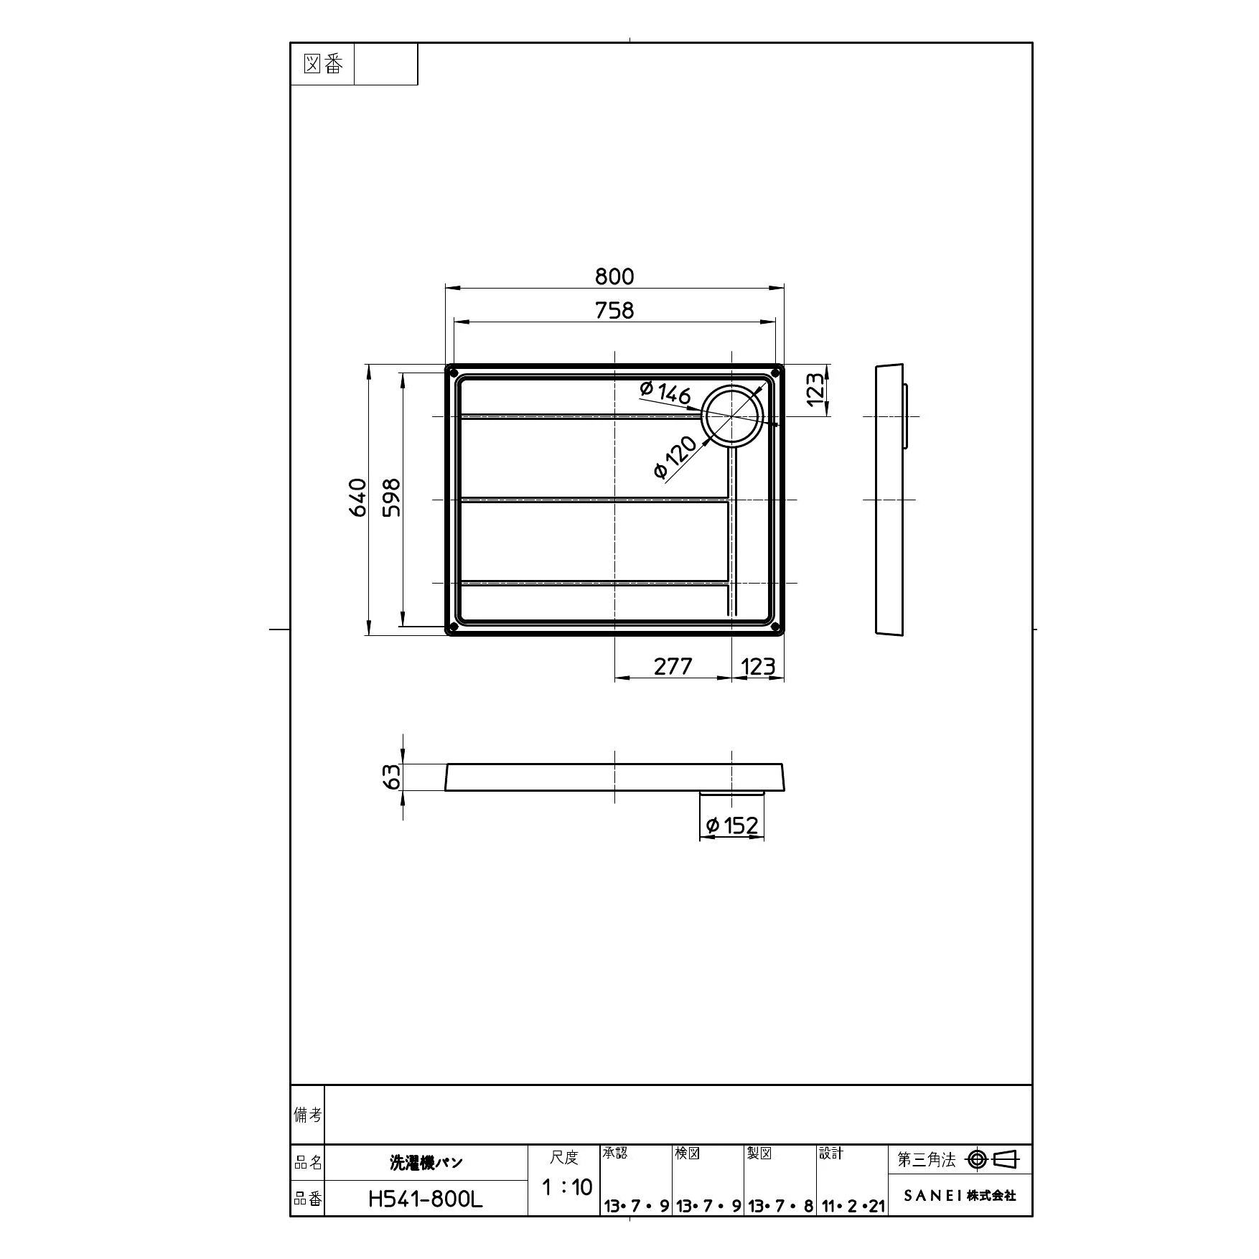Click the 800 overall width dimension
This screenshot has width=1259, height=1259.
[614, 276]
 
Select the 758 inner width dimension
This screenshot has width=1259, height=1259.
[614, 310]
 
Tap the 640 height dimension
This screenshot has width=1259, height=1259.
[358, 497]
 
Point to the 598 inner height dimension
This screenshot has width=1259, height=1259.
[392, 497]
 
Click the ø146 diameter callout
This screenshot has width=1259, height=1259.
[665, 392]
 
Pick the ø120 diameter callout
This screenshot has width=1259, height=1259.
[675, 458]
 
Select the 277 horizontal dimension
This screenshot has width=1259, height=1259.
[673, 667]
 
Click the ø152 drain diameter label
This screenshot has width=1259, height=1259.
[732, 825]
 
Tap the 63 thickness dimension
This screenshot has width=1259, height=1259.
[392, 777]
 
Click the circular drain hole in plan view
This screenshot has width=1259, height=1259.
[731, 416]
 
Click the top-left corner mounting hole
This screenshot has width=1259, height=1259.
[452, 372]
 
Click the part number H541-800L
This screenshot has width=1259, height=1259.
[425, 1199]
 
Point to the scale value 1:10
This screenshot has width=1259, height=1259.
[566, 1187]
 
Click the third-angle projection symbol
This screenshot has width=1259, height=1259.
[993, 1159]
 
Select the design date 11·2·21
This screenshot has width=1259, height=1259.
[853, 1207]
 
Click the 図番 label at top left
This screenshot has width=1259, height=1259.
[322, 65]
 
